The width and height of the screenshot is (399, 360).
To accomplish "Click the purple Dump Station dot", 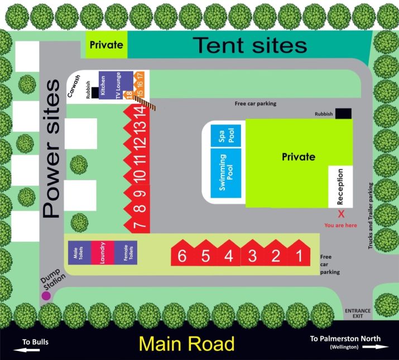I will [46, 296].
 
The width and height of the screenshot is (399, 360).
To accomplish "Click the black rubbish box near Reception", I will [343, 114].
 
